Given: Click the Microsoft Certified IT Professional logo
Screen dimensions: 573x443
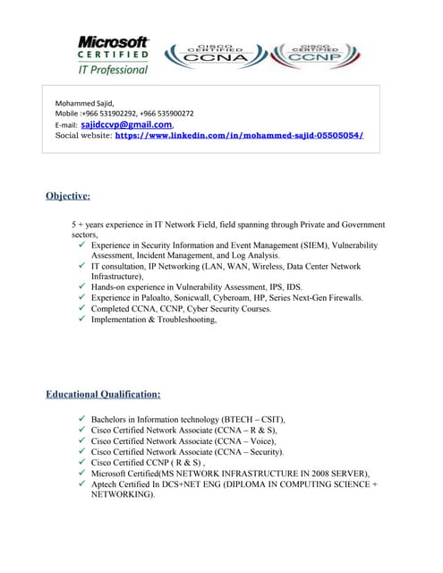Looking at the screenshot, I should click(x=113, y=54).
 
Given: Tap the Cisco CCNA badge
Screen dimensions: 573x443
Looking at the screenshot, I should click(x=212, y=55).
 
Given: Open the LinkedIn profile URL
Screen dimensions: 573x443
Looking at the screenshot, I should click(x=239, y=136).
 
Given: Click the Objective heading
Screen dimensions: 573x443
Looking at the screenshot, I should click(x=68, y=195).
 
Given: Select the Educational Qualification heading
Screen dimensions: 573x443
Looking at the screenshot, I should click(x=103, y=394).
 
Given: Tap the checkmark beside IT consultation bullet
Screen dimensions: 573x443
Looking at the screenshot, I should click(x=82, y=267).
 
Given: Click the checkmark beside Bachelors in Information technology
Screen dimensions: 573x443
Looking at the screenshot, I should click(x=82, y=419).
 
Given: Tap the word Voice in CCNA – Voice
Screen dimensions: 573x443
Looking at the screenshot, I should click(x=259, y=440).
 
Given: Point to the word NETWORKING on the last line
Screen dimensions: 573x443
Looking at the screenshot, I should click(x=123, y=494).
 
